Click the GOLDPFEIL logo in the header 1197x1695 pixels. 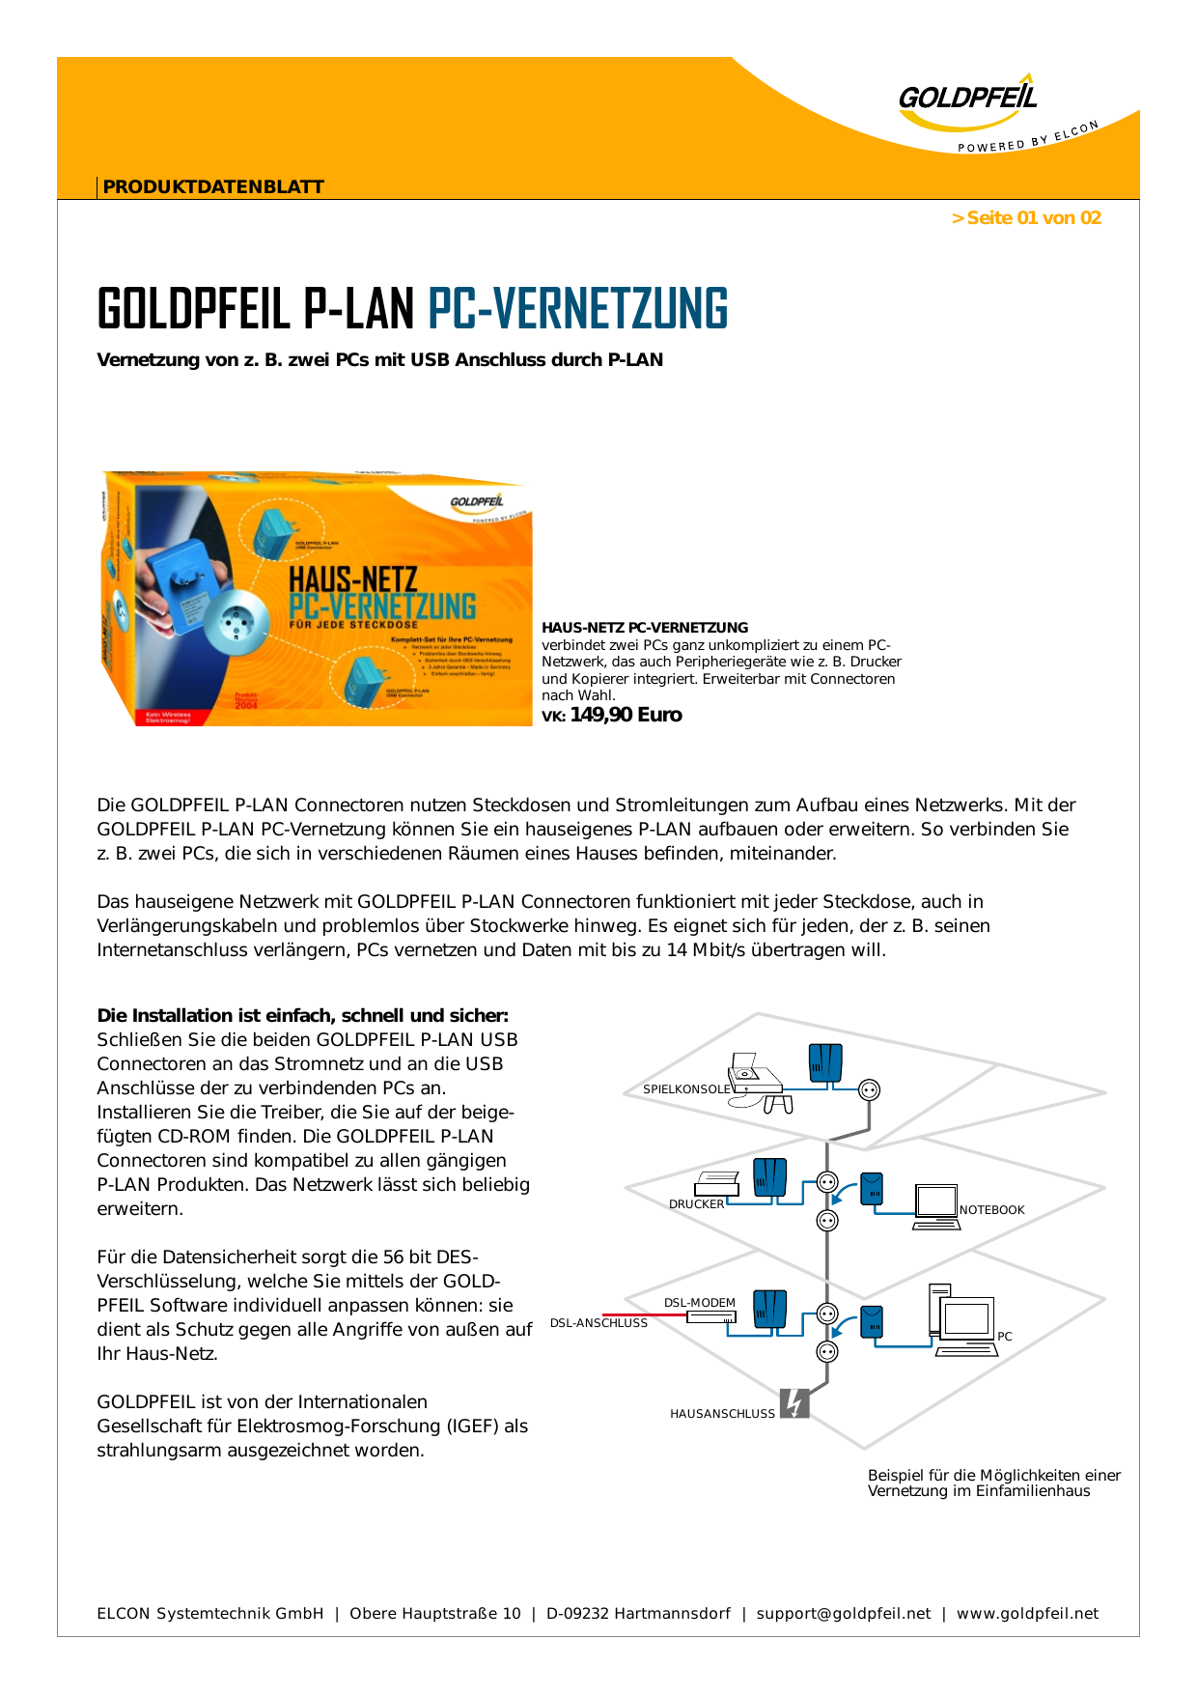[968, 98]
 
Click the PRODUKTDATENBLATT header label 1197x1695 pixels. [213, 187]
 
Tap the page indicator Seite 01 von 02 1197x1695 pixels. [1026, 218]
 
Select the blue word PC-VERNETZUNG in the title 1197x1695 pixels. [577, 309]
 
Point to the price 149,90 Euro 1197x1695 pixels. [626, 716]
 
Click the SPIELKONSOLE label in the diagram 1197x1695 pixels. [686, 1089]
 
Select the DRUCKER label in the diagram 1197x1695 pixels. [696, 1204]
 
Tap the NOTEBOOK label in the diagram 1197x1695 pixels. [991, 1210]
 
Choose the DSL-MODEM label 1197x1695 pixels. [699, 1303]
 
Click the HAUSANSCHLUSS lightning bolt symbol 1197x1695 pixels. [793, 1403]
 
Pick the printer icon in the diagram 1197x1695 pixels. [716, 1182]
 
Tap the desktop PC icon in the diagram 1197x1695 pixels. [962, 1319]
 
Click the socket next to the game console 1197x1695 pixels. [869, 1090]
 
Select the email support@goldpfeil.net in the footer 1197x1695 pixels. [844, 1614]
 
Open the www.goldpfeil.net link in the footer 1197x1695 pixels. [1027, 1614]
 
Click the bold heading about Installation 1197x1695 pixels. [302, 1016]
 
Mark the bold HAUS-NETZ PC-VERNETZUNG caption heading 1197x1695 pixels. [645, 628]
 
